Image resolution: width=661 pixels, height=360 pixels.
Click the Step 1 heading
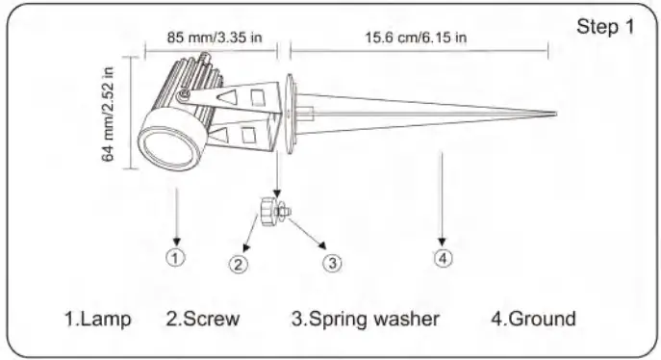(x=605, y=26)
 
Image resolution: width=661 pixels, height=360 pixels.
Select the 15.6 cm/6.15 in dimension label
(x=417, y=39)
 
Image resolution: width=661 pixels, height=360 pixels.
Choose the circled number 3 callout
(x=331, y=261)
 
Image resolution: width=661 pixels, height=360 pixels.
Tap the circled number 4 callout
(x=443, y=257)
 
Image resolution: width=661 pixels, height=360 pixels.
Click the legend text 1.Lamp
(x=97, y=319)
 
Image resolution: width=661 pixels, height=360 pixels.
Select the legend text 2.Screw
(x=202, y=319)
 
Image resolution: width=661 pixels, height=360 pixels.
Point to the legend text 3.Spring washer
(x=366, y=319)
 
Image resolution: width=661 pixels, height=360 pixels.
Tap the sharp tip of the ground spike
(x=552, y=116)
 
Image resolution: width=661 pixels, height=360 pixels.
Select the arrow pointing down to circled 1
(x=177, y=217)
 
